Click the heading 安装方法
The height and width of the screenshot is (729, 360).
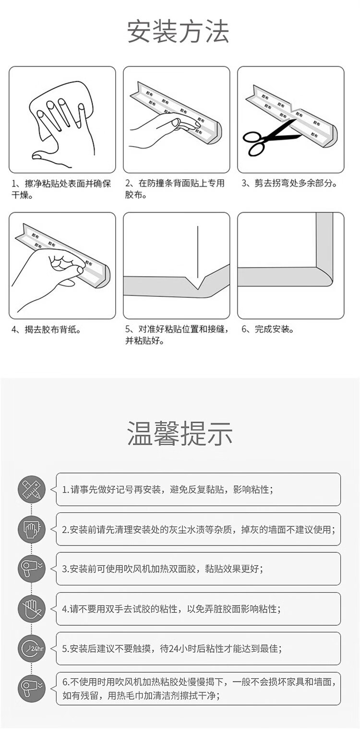(x=178, y=32)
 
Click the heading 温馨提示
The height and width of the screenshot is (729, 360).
(x=180, y=433)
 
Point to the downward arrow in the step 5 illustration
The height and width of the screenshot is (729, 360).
(x=197, y=257)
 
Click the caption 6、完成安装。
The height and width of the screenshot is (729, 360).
(x=268, y=329)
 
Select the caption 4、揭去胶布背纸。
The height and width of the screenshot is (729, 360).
(x=46, y=329)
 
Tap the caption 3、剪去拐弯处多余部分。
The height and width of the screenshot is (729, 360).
(x=289, y=183)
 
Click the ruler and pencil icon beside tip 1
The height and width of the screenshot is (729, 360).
(x=32, y=489)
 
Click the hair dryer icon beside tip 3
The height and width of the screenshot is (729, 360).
(x=32, y=569)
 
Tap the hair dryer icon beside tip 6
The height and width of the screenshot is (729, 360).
(x=32, y=688)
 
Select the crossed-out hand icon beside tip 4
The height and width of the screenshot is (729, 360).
(x=32, y=609)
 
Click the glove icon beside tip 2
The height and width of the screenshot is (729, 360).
(x=32, y=529)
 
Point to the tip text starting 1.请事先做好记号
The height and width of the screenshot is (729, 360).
(x=168, y=489)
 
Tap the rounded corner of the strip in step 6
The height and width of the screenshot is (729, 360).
(x=325, y=277)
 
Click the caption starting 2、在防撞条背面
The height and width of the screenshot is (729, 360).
(x=175, y=189)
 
